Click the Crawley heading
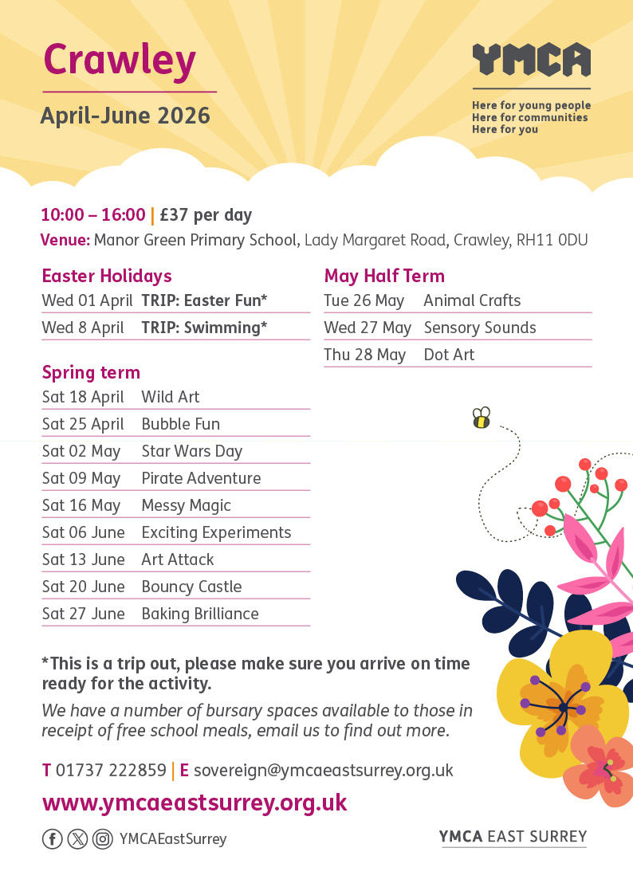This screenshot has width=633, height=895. click(120, 61)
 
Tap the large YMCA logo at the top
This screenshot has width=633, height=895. click(531, 61)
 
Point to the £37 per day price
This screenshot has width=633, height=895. click(206, 214)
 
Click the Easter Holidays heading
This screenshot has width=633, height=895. click(107, 276)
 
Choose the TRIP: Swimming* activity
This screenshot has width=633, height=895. click(204, 328)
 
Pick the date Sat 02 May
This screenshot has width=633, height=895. click(81, 451)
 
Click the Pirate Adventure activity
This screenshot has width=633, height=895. click(201, 478)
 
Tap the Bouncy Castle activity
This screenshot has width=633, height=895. click(191, 587)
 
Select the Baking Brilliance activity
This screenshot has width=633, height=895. click(200, 614)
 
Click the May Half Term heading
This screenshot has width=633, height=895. click(384, 276)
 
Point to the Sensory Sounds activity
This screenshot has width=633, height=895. click(480, 328)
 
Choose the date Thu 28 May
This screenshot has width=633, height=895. click(365, 355)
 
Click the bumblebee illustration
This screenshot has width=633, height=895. click(481, 418)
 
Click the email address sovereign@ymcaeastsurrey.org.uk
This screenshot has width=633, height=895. click(323, 771)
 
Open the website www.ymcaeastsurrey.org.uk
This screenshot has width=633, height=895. click(195, 802)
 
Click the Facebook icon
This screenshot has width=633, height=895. click(52, 838)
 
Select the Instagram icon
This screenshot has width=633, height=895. click(102, 838)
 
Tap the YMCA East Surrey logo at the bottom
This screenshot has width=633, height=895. click(513, 836)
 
